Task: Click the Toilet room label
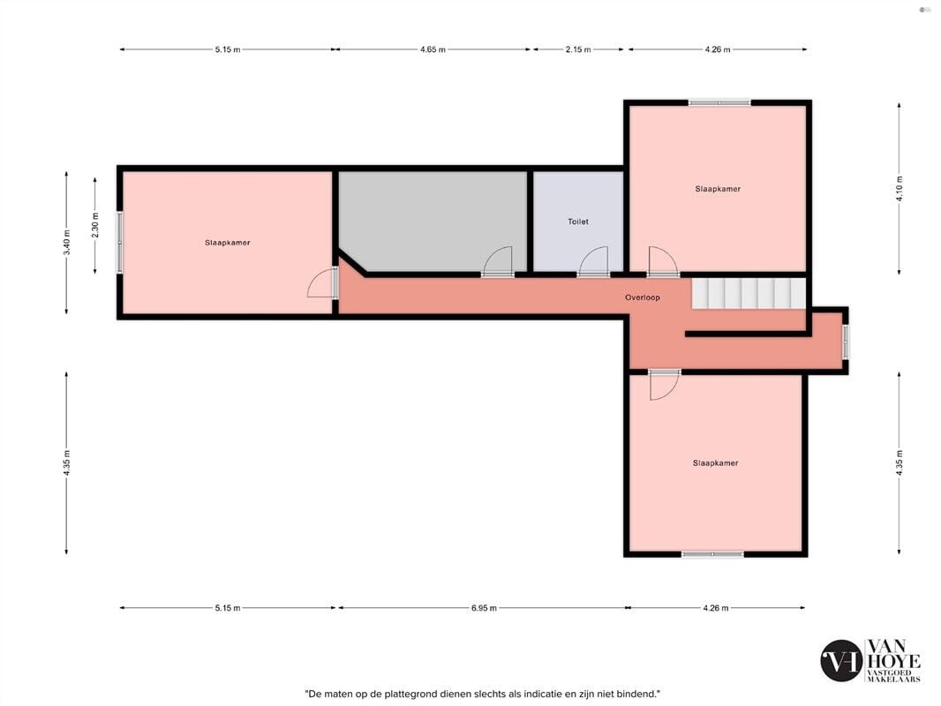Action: point(578,222)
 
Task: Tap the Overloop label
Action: point(642,297)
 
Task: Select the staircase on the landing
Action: point(749,293)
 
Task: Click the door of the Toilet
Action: point(593,262)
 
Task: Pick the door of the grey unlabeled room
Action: point(498,262)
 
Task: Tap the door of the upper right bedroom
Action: point(663,262)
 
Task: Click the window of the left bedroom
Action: point(120,243)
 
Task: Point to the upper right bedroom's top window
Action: point(719,102)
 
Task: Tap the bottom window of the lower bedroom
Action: point(712,554)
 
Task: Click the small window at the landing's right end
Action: point(846,342)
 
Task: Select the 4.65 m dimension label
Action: point(433,49)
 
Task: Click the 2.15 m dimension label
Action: point(578,49)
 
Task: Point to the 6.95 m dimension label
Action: point(484,608)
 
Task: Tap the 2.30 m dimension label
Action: point(94,225)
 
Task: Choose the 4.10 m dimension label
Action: point(899,188)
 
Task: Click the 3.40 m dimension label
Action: point(66,243)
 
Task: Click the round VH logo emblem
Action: point(840,660)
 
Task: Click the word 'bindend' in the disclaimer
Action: point(640,694)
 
